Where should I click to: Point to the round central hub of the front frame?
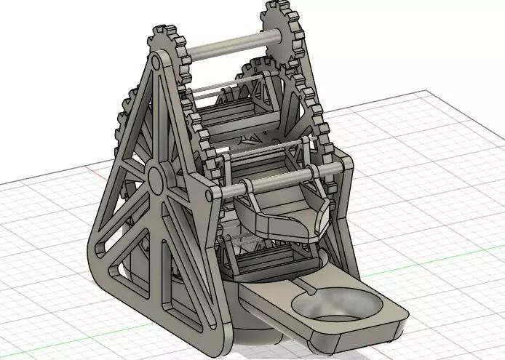[x=156, y=176]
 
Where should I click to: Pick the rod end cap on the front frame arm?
[x=212, y=193]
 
